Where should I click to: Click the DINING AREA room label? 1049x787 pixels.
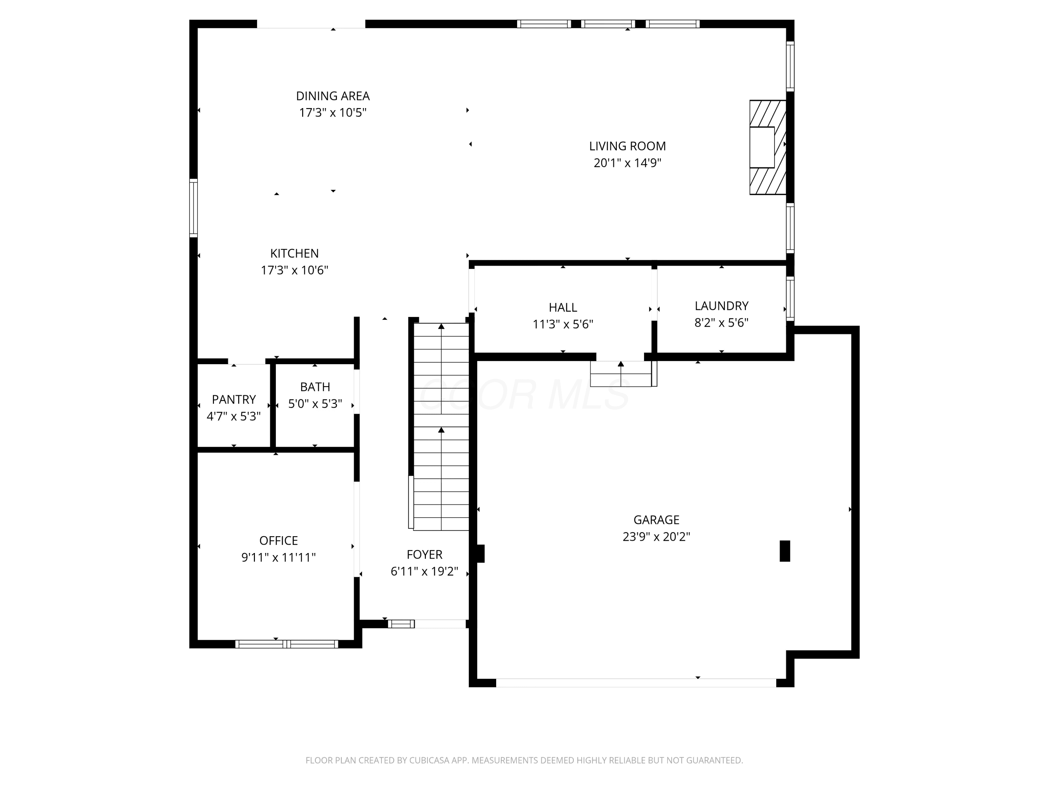333,96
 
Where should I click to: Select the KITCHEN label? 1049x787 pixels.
294,253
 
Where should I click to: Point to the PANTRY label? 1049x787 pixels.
234,399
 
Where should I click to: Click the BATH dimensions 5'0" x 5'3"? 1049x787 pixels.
315,404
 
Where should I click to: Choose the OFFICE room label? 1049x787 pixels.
279,541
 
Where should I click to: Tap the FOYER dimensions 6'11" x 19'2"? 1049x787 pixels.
424,572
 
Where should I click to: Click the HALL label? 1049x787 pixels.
563,307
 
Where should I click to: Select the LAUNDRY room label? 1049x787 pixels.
722,306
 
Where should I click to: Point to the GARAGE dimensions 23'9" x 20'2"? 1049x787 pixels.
656,537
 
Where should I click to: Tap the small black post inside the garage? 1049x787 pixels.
785,551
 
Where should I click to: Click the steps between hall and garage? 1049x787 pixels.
623,374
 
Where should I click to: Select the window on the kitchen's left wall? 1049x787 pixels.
193,208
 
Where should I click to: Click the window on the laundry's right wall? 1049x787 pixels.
790,299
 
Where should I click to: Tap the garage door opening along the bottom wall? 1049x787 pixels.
636,683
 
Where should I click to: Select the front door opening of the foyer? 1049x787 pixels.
441,624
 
